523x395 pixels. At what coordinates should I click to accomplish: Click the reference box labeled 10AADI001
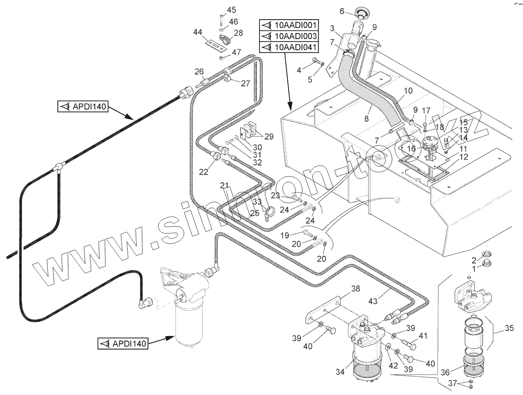click(x=288, y=25)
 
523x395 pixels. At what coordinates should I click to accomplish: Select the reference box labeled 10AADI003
click(x=288, y=36)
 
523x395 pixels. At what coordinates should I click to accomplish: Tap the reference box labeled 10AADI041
click(x=288, y=47)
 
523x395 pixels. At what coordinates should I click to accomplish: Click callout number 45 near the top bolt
click(x=231, y=10)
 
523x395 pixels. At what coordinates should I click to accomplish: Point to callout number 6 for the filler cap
click(x=342, y=11)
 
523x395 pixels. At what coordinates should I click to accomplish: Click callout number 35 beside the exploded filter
click(x=509, y=328)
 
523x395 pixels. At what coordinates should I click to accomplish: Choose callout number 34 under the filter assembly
click(x=340, y=372)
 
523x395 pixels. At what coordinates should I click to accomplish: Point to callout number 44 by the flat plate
click(x=198, y=32)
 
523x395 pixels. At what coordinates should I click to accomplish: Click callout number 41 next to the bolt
click(x=423, y=336)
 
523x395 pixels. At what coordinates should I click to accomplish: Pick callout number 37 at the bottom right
click(x=453, y=383)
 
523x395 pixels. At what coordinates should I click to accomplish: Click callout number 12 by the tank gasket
click(x=463, y=157)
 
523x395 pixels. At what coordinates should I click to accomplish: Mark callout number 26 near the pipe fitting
click(x=199, y=71)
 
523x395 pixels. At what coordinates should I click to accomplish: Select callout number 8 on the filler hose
click(x=366, y=119)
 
